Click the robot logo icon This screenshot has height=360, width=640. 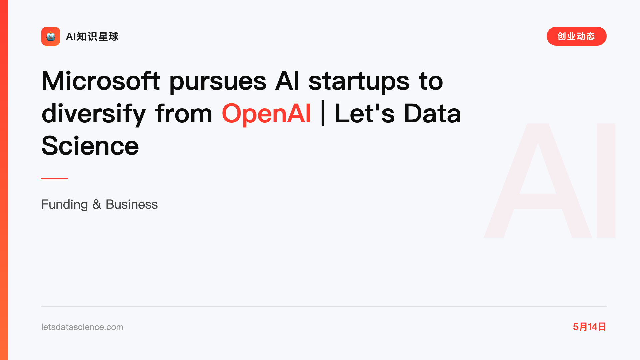point(51,36)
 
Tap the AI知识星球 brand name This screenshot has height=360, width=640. point(92,36)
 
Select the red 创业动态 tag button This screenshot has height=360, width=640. point(576,36)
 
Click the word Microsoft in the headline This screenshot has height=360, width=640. point(101,81)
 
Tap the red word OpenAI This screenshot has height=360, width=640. point(266,114)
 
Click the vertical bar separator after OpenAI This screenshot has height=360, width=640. point(323,113)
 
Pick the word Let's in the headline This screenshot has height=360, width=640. point(365,113)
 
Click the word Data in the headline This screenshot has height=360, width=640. point(432,113)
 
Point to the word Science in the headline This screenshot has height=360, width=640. point(90,146)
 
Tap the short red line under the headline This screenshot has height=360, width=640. point(55,178)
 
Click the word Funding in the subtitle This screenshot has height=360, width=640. point(65,205)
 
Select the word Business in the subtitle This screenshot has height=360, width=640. point(132,204)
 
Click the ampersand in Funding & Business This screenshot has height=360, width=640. point(97,204)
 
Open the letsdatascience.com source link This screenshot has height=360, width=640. point(82,327)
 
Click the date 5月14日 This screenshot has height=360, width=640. point(589,327)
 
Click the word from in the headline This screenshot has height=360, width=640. point(184,113)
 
